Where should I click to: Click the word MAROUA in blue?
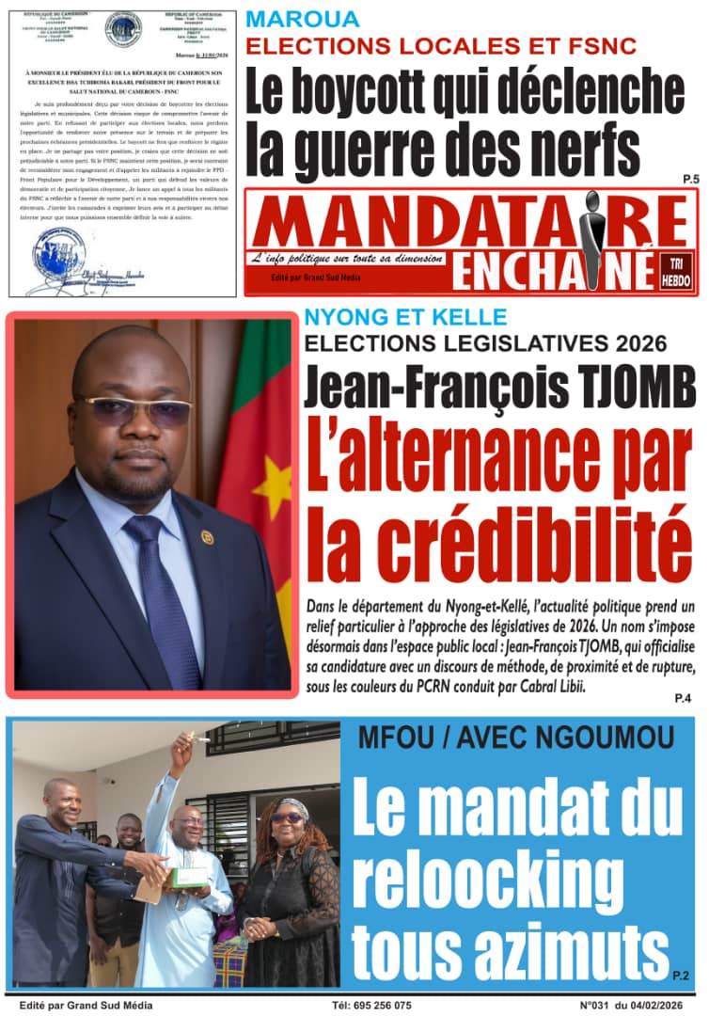(x=303, y=18)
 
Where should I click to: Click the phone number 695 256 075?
(x=376, y=1005)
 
